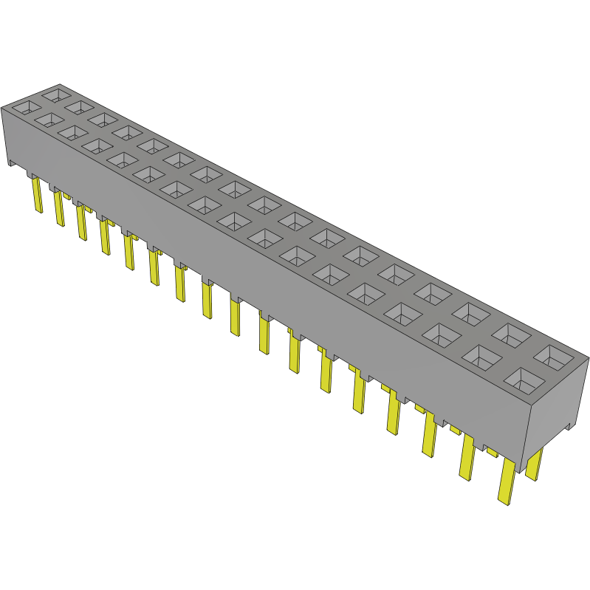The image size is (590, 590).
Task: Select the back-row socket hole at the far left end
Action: (55, 95)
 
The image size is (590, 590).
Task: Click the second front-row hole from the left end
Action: (50, 119)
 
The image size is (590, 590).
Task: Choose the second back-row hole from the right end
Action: (511, 336)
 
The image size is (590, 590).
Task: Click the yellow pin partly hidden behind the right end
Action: (534, 464)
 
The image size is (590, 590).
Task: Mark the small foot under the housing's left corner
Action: (11, 162)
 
